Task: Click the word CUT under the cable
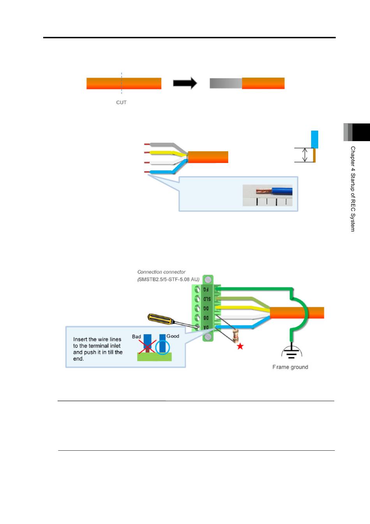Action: pos(121,103)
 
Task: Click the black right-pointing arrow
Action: pos(185,83)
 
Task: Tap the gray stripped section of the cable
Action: pos(226,83)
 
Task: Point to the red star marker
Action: pos(240,346)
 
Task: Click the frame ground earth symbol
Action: pos(291,351)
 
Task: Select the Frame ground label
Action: pos(290,367)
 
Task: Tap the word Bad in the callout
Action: pos(136,336)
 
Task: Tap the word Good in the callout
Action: pos(173,336)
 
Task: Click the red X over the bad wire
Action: pos(147,347)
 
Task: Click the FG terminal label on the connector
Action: pos(206,289)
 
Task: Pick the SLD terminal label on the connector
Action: pos(207,299)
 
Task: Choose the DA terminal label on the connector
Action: pos(206,327)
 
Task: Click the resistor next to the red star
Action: pos(236,335)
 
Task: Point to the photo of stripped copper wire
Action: pos(268,195)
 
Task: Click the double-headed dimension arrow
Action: pos(305,155)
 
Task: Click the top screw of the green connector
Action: pos(208,280)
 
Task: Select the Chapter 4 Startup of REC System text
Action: pos(353,189)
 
